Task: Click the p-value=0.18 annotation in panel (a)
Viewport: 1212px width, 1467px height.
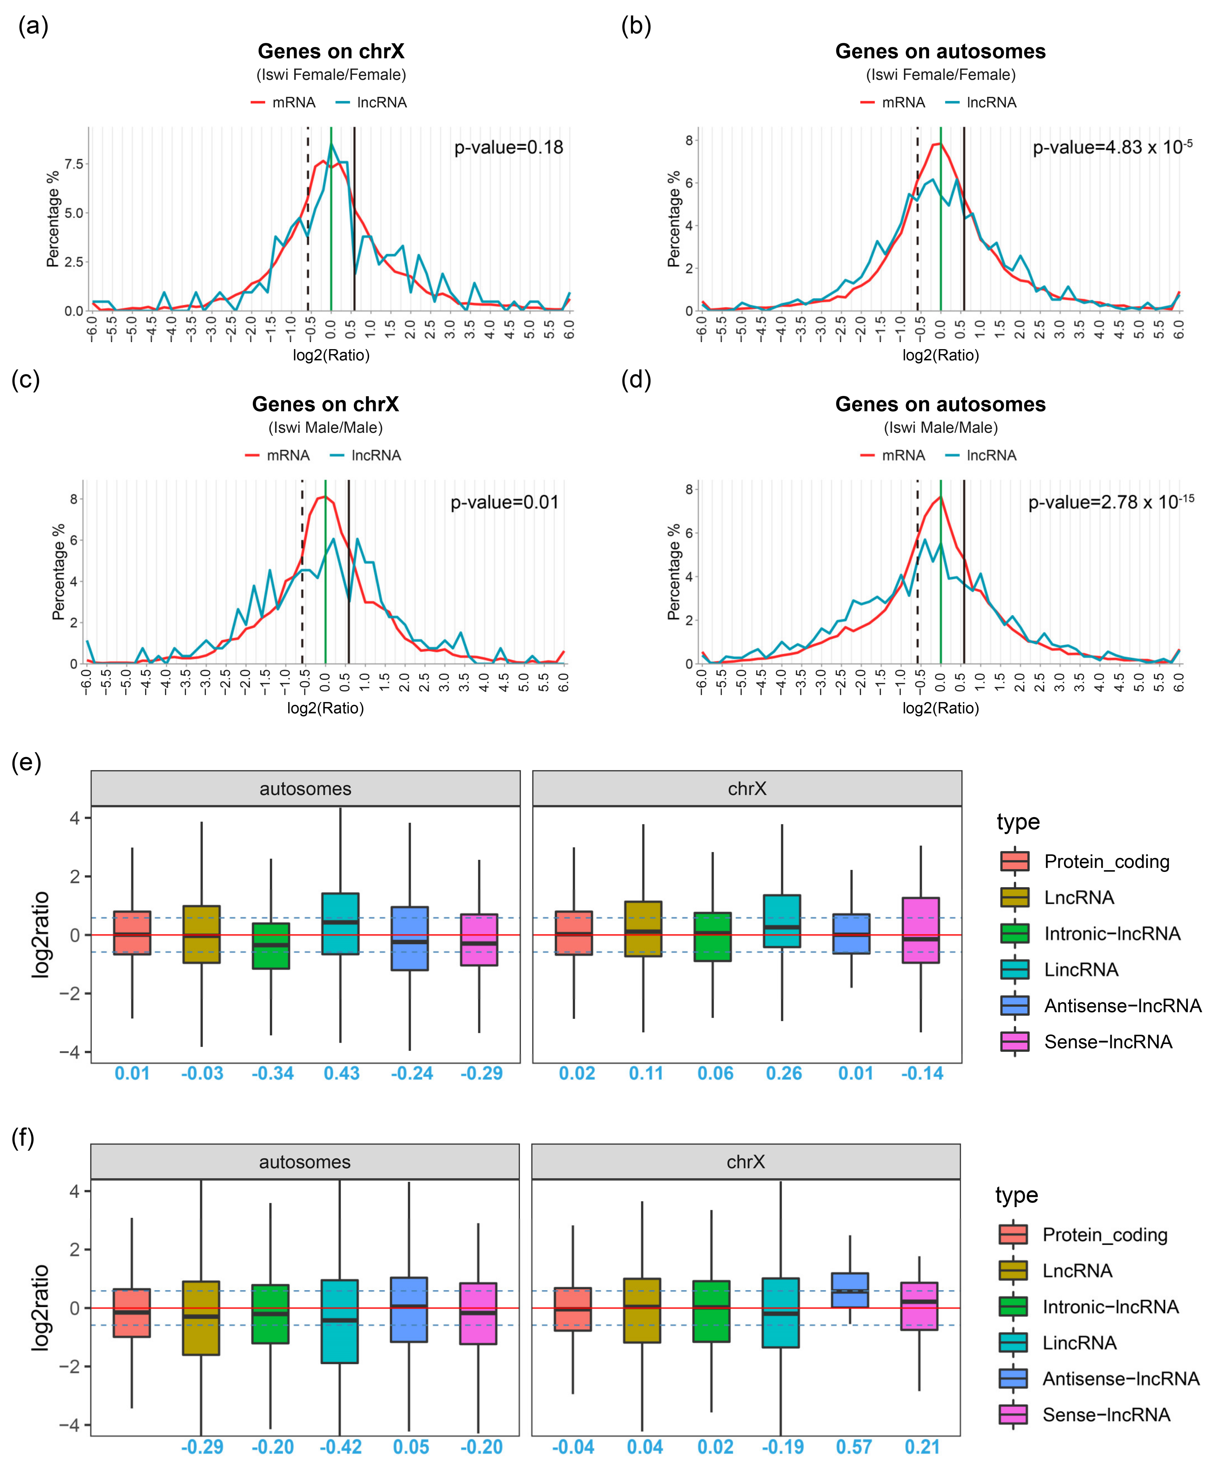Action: [x=508, y=147]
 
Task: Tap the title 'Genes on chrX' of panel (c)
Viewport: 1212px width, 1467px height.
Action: [x=325, y=404]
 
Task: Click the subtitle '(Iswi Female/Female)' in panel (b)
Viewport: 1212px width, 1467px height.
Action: [x=940, y=75]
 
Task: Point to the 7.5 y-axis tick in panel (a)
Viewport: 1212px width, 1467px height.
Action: [x=73, y=164]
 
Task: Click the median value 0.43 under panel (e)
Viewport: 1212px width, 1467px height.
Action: [x=341, y=1073]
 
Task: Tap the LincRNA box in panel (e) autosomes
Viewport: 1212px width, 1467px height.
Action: [x=341, y=923]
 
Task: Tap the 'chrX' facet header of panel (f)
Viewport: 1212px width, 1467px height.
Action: [x=746, y=1162]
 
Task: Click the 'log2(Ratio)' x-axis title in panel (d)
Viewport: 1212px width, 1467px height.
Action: [x=940, y=708]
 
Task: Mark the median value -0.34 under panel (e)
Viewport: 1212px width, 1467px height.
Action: [x=272, y=1073]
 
